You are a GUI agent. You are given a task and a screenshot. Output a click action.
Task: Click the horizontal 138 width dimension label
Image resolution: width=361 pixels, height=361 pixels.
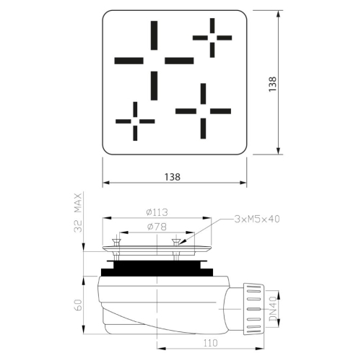pyautogui.click(x=173, y=177)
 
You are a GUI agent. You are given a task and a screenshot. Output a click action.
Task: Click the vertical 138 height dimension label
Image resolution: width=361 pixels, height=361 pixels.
pyautogui.click(x=273, y=84)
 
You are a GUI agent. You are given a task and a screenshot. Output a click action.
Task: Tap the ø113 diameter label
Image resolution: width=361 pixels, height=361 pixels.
pyautogui.click(x=157, y=212)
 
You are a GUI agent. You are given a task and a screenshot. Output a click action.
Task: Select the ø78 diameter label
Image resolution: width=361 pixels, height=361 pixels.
pyautogui.click(x=157, y=227)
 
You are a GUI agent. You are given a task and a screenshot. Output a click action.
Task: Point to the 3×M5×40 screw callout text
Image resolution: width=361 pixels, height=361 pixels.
pyautogui.click(x=257, y=219)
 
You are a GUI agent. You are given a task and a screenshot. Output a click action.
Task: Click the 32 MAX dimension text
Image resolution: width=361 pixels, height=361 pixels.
pyautogui.click(x=78, y=212)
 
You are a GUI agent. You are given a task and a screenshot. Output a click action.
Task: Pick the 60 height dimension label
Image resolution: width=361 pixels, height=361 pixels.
pyautogui.click(x=78, y=305)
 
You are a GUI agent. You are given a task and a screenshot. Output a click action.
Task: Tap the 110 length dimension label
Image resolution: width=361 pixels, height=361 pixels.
pyautogui.click(x=211, y=343)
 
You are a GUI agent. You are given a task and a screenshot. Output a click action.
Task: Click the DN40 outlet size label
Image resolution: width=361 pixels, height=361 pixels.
pyautogui.click(x=273, y=309)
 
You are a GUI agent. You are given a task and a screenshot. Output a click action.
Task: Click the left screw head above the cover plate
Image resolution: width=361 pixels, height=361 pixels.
pyautogui.click(x=117, y=241)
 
